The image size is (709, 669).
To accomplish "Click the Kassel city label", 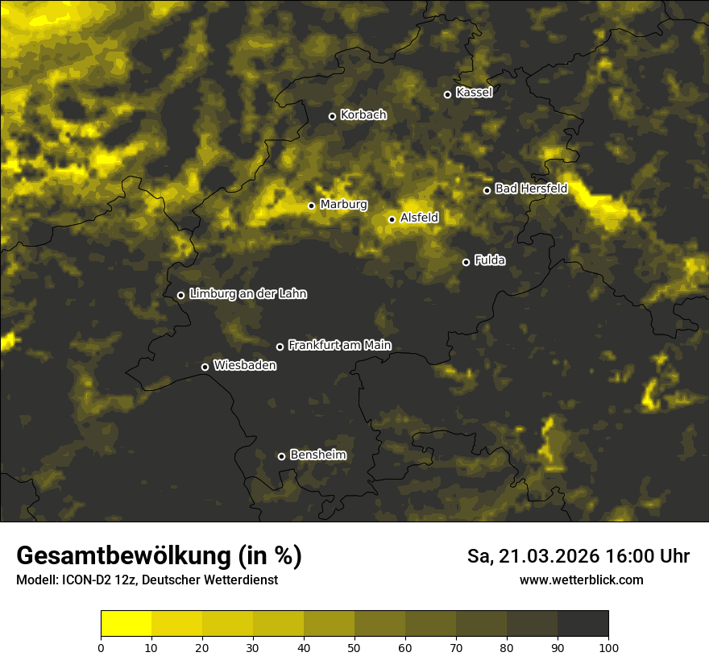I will click(474, 93).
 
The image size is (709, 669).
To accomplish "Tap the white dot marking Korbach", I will click(332, 116).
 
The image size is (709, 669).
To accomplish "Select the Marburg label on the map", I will click(343, 205).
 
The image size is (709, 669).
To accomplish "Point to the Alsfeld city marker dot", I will click(392, 219).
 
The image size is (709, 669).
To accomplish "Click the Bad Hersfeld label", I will click(531, 189).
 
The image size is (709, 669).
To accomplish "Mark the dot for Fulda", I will click(466, 262).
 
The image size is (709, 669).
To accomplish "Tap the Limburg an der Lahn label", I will click(247, 294).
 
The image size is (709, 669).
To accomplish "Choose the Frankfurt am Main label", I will click(339, 345).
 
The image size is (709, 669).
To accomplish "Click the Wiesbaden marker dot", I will click(205, 367).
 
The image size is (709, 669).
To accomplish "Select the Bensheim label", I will click(317, 455).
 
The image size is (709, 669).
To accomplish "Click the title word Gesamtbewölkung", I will click(125, 556).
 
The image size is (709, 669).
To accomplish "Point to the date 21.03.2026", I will click(548, 556).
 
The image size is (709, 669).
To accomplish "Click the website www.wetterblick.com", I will click(581, 580).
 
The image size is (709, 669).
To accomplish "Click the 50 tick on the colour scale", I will click(354, 646).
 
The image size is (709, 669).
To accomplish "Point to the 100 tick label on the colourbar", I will click(608, 646).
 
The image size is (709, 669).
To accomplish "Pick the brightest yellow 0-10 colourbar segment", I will click(126, 623).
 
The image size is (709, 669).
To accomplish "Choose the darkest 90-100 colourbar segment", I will click(583, 623).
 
